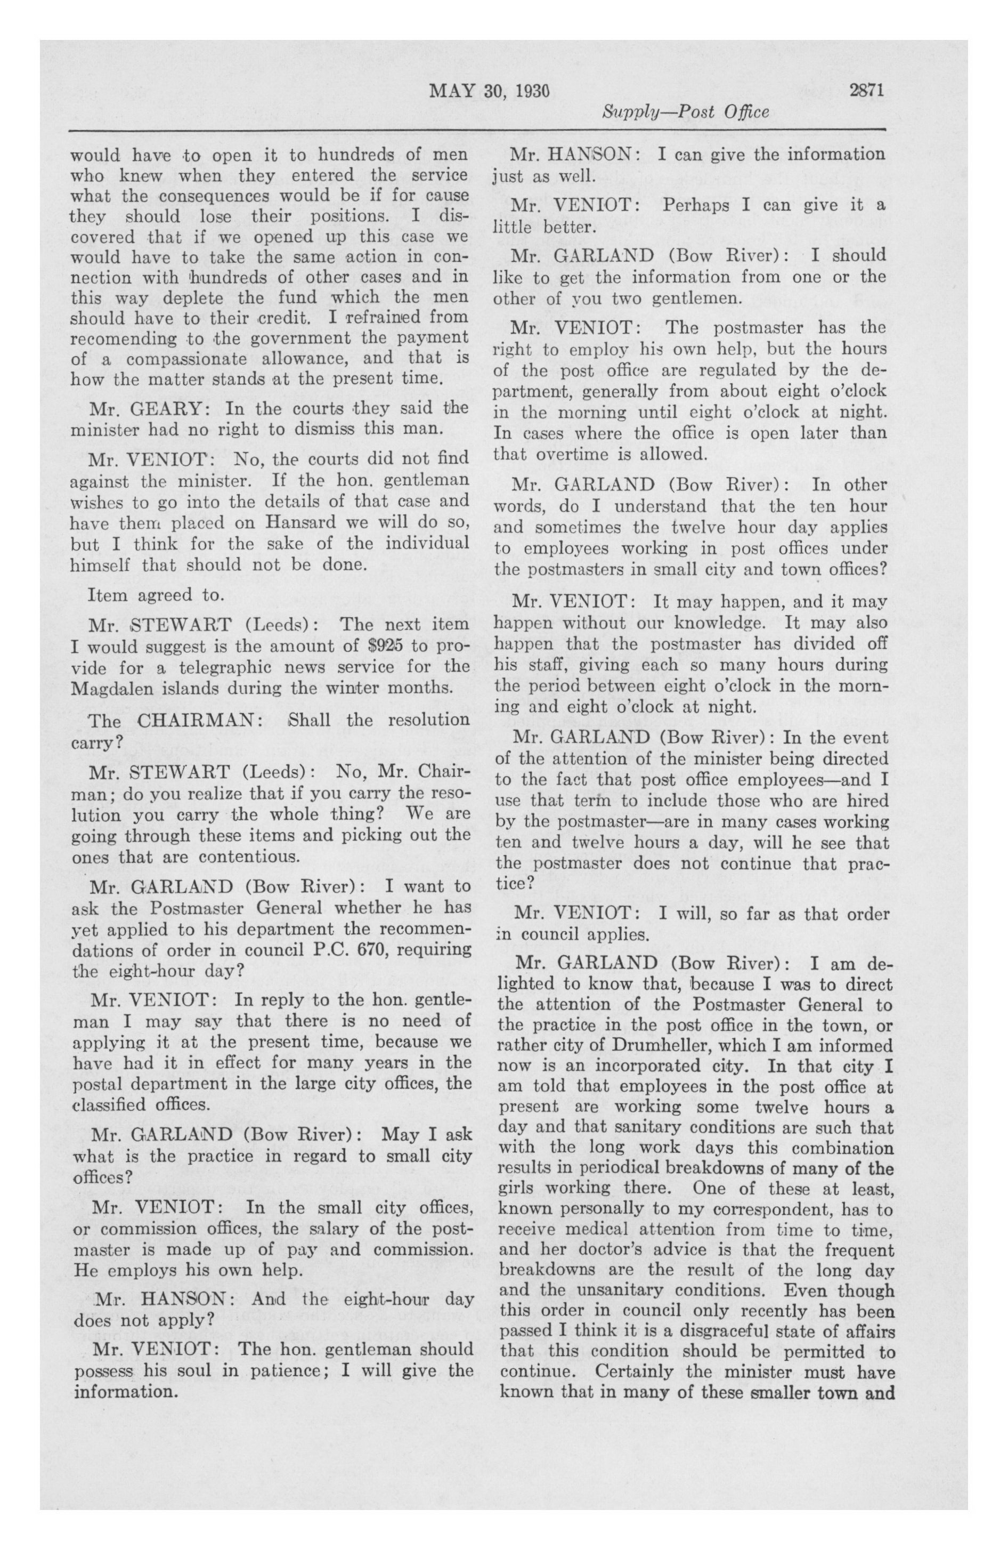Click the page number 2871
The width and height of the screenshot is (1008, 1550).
(x=866, y=90)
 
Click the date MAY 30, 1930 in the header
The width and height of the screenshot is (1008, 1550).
(x=489, y=91)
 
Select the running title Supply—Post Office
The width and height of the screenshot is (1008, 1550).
(x=685, y=112)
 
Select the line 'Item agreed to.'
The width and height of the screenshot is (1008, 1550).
(x=147, y=595)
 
